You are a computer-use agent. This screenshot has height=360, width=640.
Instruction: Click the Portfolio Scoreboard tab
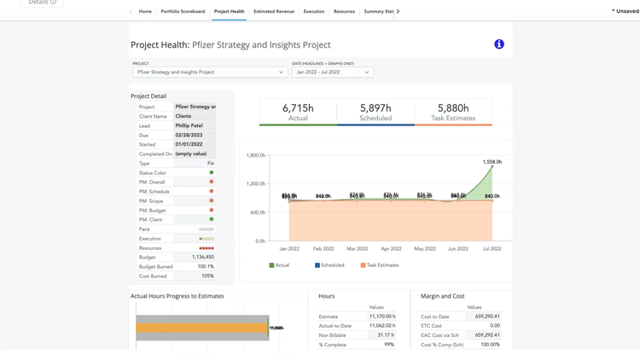click(x=183, y=12)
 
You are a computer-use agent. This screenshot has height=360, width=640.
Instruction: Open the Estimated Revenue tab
click(x=273, y=12)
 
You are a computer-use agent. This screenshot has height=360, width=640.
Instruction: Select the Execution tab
click(x=313, y=12)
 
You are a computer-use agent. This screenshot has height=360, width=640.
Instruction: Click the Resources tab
click(x=344, y=12)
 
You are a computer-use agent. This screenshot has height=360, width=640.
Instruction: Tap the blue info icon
click(x=499, y=44)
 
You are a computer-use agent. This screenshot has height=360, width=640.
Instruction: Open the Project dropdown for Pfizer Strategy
click(x=210, y=73)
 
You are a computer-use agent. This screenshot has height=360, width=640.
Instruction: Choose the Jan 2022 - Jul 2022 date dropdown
click(x=332, y=73)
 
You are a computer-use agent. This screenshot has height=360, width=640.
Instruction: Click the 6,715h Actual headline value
click(x=298, y=108)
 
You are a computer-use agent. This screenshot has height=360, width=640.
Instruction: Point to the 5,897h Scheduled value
click(x=375, y=108)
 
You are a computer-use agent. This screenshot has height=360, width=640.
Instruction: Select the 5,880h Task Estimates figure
click(x=453, y=108)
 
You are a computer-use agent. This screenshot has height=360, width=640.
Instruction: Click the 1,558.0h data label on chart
click(x=492, y=161)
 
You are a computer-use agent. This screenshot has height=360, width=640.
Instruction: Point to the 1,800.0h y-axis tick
click(x=255, y=155)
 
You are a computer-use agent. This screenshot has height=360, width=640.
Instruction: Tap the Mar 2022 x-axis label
click(x=357, y=249)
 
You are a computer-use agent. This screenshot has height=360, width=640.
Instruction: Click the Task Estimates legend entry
click(x=380, y=265)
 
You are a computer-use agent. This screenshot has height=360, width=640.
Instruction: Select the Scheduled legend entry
click(x=329, y=265)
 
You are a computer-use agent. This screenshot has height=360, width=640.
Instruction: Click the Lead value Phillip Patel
click(x=189, y=125)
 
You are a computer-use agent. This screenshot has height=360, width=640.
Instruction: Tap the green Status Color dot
click(x=212, y=173)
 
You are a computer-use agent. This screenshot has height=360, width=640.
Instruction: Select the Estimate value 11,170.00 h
click(x=381, y=316)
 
